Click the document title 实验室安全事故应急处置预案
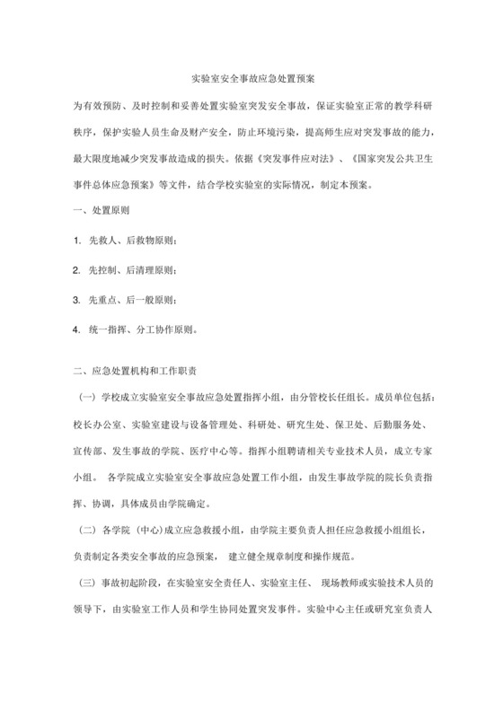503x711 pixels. click(x=251, y=78)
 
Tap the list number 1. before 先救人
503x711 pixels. click(x=77, y=243)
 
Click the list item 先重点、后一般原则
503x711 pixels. click(x=133, y=300)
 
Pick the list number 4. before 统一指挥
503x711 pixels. click(x=77, y=329)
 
